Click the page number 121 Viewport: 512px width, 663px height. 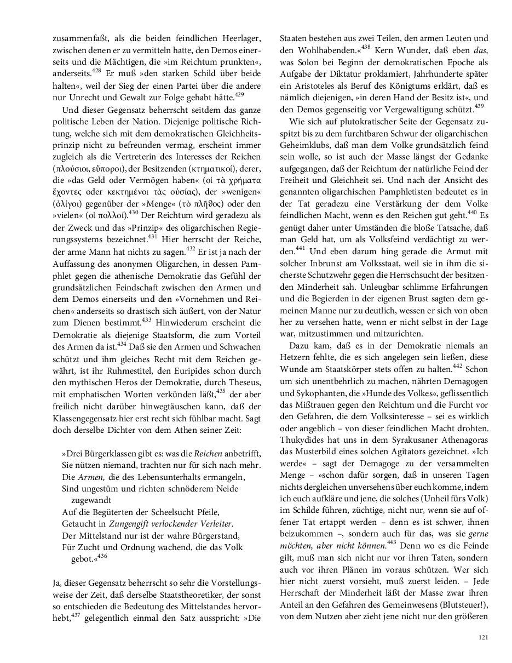point(482,637)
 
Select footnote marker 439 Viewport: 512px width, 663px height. point(479,105)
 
